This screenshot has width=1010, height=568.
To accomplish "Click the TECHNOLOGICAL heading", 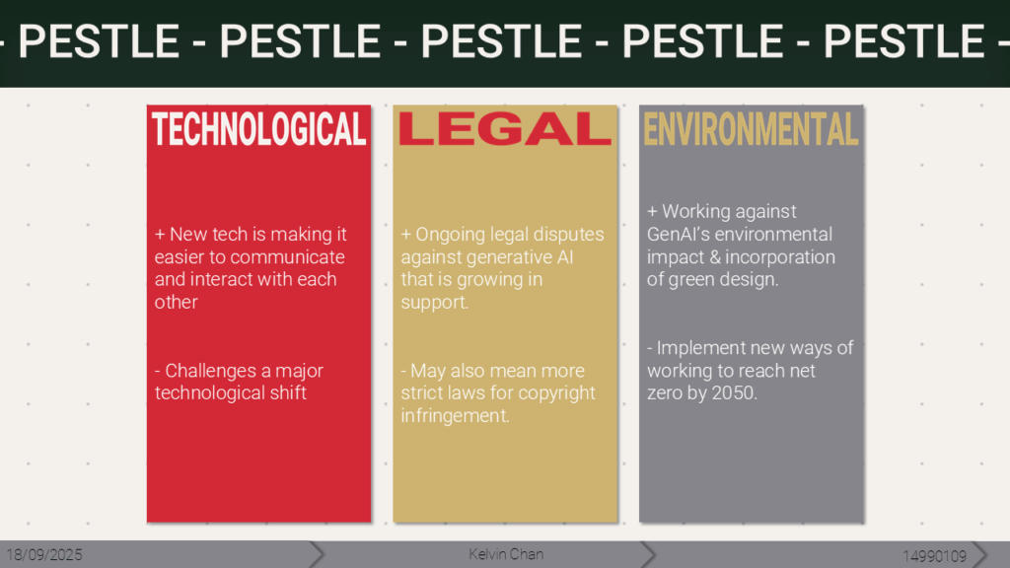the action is [259, 129].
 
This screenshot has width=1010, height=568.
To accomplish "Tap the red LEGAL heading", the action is [505, 129].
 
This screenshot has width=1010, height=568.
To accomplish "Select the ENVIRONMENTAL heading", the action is [751, 129].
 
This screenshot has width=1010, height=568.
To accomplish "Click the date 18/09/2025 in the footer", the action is [44, 555].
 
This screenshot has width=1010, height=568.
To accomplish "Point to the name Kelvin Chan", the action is [506, 554].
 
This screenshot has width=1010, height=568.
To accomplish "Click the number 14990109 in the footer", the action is [935, 556].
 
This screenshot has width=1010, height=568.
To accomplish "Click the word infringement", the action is [455, 416].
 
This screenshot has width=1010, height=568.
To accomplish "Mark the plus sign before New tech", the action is [160, 235].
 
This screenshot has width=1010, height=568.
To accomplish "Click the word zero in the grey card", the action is [664, 392].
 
